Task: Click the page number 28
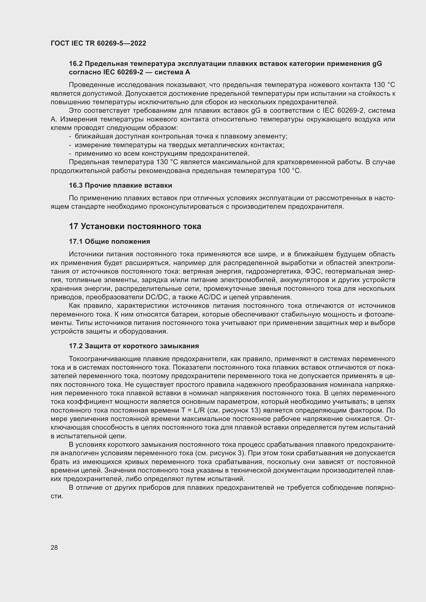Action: click(54, 547)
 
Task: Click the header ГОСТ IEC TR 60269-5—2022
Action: click(98, 43)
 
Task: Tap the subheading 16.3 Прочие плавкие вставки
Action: click(120, 185)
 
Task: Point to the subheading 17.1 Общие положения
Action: click(109, 241)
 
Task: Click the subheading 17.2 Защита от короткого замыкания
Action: click(134, 346)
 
